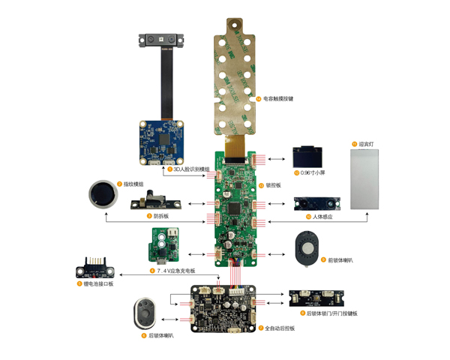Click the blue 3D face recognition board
(x=161, y=141)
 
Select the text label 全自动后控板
(x=280, y=328)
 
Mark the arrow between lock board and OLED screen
(x=280, y=158)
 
